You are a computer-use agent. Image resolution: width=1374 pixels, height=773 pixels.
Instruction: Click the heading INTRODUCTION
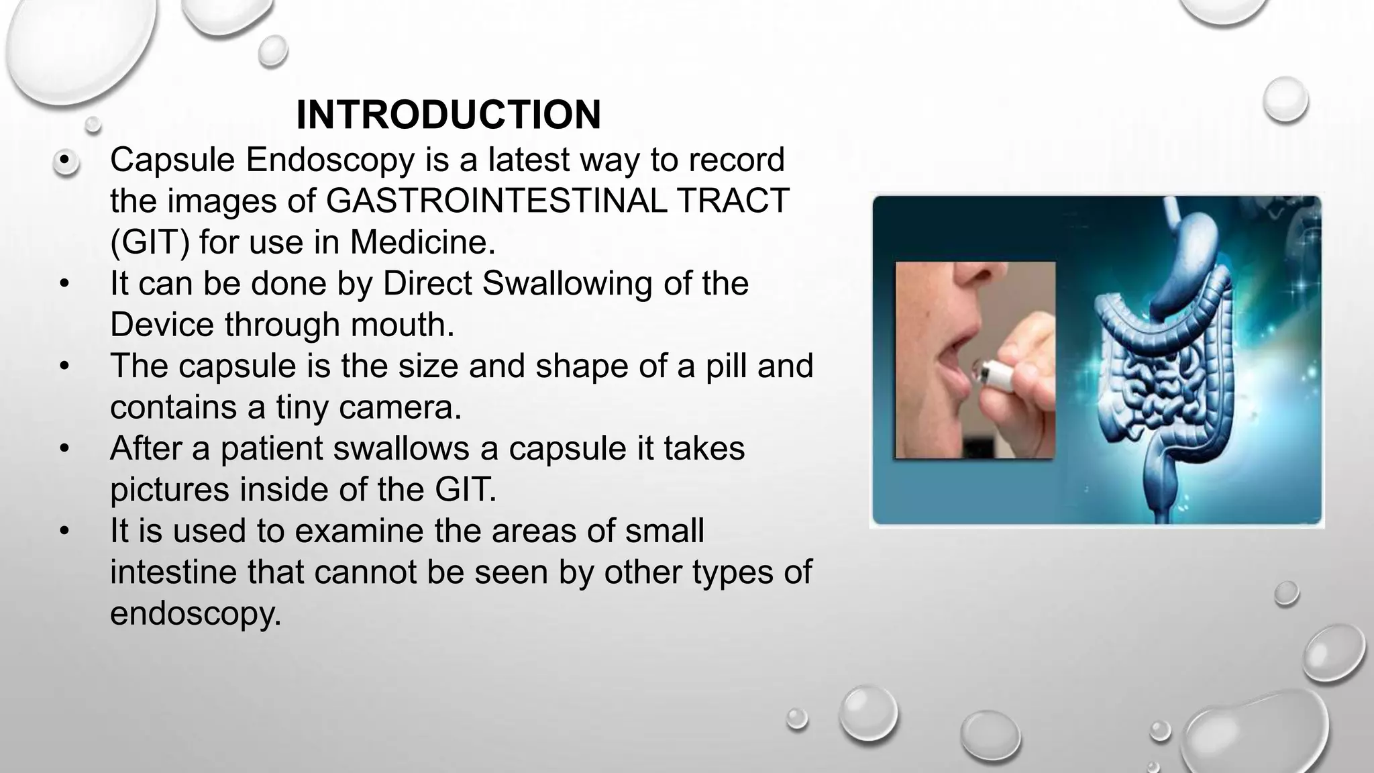[x=448, y=115]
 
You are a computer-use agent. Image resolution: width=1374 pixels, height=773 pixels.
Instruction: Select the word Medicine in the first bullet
[x=423, y=242]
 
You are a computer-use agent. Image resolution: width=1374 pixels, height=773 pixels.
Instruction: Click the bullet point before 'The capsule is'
[x=64, y=366]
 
